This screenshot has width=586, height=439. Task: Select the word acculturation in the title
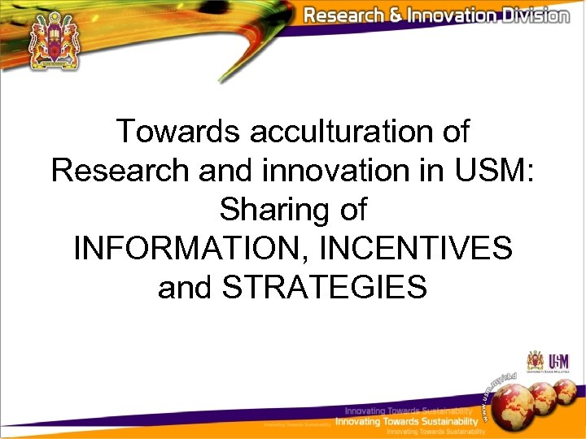(336, 132)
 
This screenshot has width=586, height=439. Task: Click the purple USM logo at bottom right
(559, 361)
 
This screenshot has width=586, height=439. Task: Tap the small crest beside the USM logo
(535, 360)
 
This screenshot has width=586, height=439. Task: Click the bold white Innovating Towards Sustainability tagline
(407, 422)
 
